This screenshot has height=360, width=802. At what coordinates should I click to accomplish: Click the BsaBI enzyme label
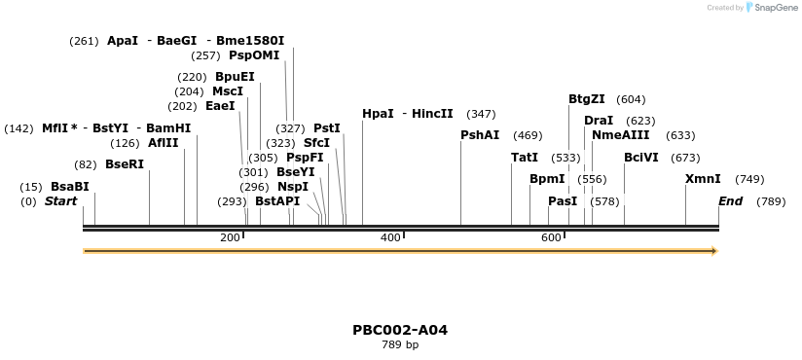69,187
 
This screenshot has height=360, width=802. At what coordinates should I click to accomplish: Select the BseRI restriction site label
124,164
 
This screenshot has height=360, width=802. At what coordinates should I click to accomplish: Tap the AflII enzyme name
163,143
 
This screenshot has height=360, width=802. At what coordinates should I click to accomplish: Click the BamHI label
168,128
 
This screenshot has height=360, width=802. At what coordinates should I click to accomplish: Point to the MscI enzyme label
227,91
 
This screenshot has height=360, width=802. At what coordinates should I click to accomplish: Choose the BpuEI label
235,77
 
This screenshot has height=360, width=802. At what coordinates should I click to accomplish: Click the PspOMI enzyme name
253,55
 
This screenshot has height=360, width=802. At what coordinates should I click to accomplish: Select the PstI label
327,128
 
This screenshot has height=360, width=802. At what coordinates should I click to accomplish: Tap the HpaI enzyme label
378,114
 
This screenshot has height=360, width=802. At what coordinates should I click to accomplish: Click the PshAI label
480,135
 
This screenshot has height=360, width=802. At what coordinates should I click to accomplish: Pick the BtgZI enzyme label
586,99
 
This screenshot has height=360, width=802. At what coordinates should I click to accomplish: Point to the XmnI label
703,179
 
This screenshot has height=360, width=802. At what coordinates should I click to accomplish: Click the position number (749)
749,179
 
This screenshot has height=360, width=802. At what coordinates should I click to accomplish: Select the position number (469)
528,135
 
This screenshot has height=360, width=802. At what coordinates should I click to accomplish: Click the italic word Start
60,201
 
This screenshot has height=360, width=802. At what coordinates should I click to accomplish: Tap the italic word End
730,201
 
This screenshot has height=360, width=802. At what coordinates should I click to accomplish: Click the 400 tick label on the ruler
390,238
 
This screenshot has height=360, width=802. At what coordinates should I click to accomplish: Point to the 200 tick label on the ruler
230,238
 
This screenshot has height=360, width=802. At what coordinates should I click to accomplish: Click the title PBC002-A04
400,330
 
